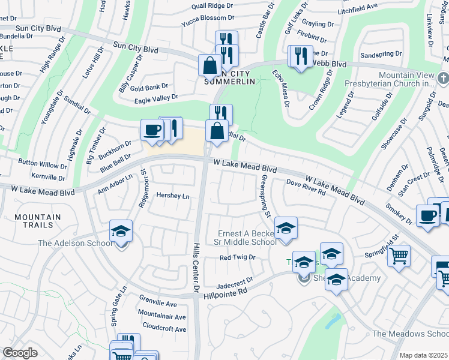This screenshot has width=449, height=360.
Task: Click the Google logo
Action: click(x=20, y=353)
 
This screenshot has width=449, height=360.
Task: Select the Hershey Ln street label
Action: click(x=172, y=196)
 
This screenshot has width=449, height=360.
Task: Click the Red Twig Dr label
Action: click(x=237, y=257)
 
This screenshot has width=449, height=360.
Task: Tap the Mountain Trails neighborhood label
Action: click(x=38, y=221)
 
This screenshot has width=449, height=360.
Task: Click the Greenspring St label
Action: click(x=265, y=196)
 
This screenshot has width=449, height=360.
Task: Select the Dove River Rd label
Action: click(x=306, y=187)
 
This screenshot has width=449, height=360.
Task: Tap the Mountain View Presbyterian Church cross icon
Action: click(x=443, y=78)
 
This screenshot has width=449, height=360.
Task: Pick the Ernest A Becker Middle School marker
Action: click(x=286, y=228)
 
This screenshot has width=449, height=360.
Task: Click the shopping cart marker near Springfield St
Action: click(x=399, y=256)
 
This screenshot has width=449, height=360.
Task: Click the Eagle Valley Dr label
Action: click(x=157, y=97)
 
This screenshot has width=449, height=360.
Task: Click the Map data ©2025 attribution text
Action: click(x=423, y=355)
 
